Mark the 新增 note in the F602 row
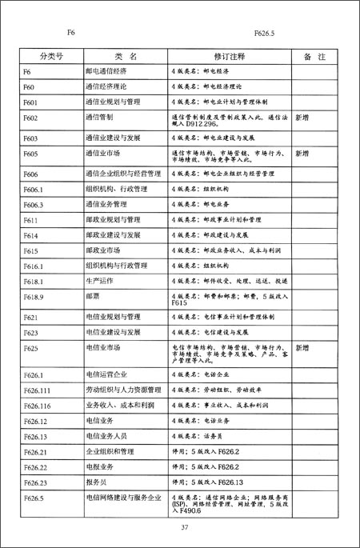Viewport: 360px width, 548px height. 302,118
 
